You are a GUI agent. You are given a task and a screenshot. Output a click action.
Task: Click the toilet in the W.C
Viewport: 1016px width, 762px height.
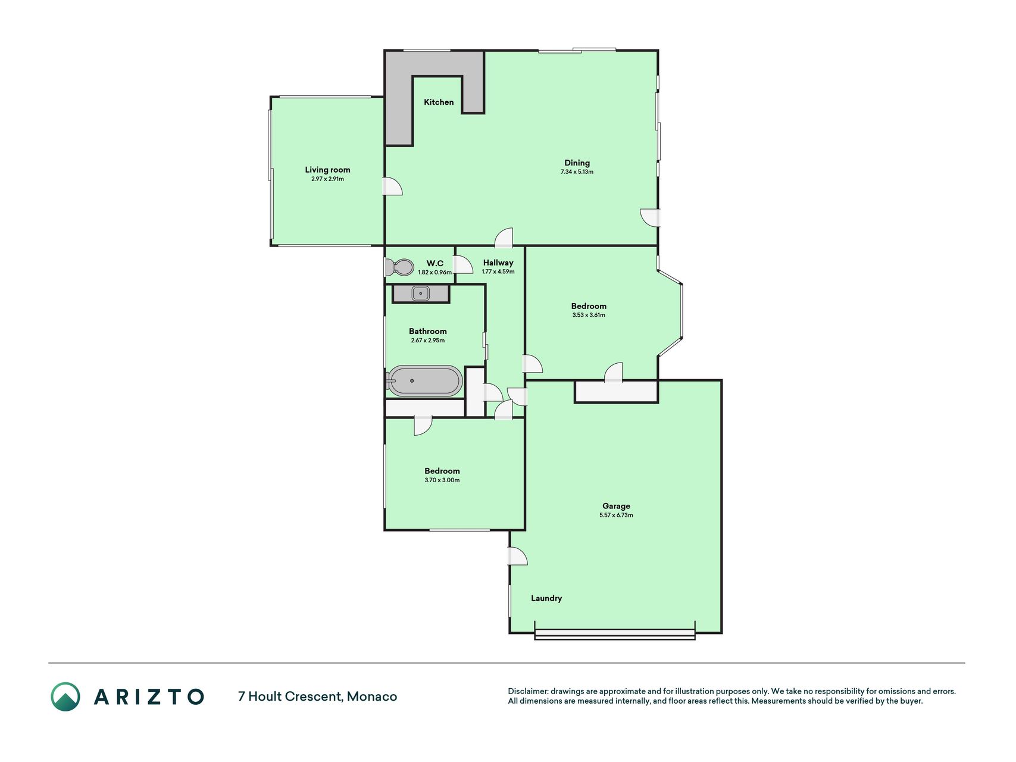tap(399, 267)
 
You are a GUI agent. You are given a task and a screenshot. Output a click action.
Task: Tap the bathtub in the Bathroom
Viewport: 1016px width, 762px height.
tap(424, 381)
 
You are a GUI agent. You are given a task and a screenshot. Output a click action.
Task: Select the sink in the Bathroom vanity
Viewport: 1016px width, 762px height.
tap(420, 293)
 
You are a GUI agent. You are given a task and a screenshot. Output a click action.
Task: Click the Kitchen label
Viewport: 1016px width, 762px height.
tap(439, 102)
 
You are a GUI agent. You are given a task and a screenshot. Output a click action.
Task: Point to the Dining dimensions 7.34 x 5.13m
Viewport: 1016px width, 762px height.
tap(577, 172)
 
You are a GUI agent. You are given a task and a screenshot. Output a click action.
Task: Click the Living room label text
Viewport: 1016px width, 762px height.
tap(327, 170)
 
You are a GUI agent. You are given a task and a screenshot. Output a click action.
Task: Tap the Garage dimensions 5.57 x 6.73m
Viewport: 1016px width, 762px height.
tap(616, 516)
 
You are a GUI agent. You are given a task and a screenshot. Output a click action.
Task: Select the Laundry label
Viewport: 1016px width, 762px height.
tap(546, 598)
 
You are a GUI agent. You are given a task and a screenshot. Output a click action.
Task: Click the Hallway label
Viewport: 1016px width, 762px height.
tap(498, 263)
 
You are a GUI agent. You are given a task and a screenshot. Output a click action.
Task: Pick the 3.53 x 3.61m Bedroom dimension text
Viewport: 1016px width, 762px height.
tap(589, 316)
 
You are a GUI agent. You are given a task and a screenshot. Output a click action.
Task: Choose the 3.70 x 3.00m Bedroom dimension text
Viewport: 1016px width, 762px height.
tap(442, 480)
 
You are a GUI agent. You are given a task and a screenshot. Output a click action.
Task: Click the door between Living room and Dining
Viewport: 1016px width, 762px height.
tap(392, 186)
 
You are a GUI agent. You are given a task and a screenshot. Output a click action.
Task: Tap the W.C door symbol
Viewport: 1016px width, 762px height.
tap(463, 264)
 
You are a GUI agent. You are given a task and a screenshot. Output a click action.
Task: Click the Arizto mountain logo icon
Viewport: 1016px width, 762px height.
tap(65, 697)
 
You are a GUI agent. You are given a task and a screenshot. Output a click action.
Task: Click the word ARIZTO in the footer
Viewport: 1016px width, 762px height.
tap(149, 697)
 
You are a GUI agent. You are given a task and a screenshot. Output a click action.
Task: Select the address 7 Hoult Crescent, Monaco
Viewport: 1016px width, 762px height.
tap(317, 697)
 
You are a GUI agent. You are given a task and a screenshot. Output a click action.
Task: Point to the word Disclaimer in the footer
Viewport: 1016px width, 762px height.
tap(527, 692)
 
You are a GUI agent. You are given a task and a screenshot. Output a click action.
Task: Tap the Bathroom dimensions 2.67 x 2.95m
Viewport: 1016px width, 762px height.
tap(428, 341)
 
